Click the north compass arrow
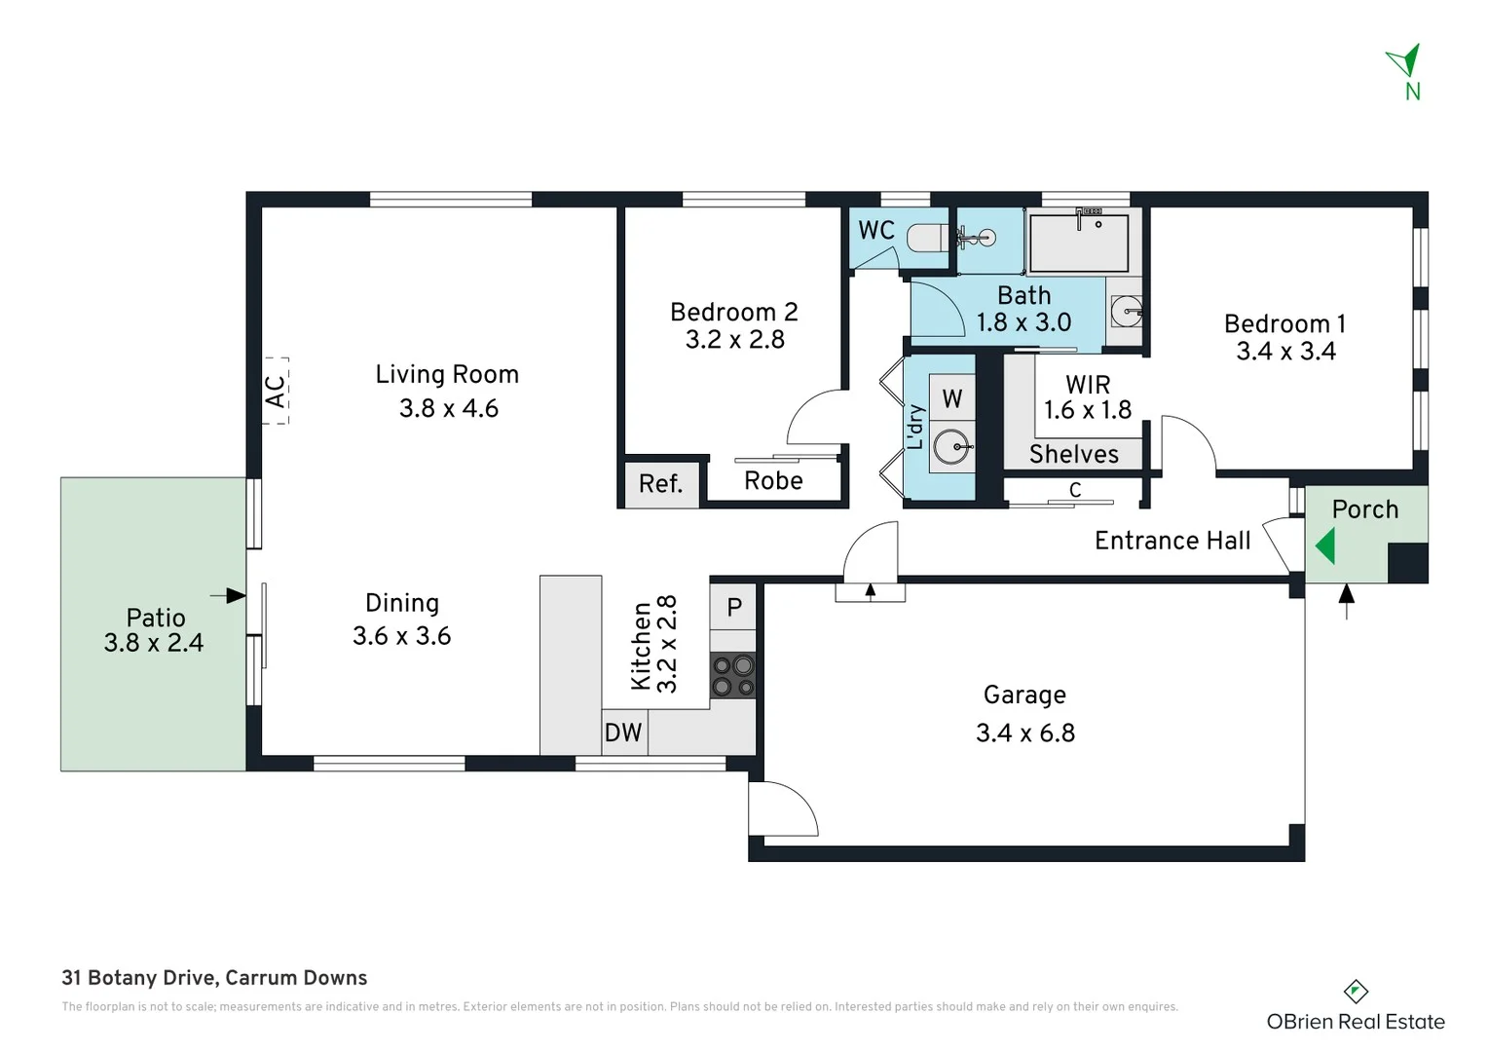click(x=1405, y=60)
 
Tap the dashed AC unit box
click(x=276, y=391)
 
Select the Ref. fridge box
click(x=660, y=483)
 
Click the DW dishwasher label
click(x=623, y=733)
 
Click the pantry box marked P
click(x=733, y=607)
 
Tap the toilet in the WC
click(x=925, y=237)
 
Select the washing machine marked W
click(x=951, y=398)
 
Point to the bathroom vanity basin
click(x=1127, y=313)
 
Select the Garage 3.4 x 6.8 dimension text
click(x=1025, y=733)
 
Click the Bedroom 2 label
click(x=733, y=312)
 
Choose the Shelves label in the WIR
click(x=1073, y=454)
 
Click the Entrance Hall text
click(x=1172, y=541)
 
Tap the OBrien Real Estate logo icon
click(x=1356, y=992)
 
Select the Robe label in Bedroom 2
click(x=773, y=480)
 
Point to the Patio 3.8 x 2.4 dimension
click(x=154, y=643)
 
